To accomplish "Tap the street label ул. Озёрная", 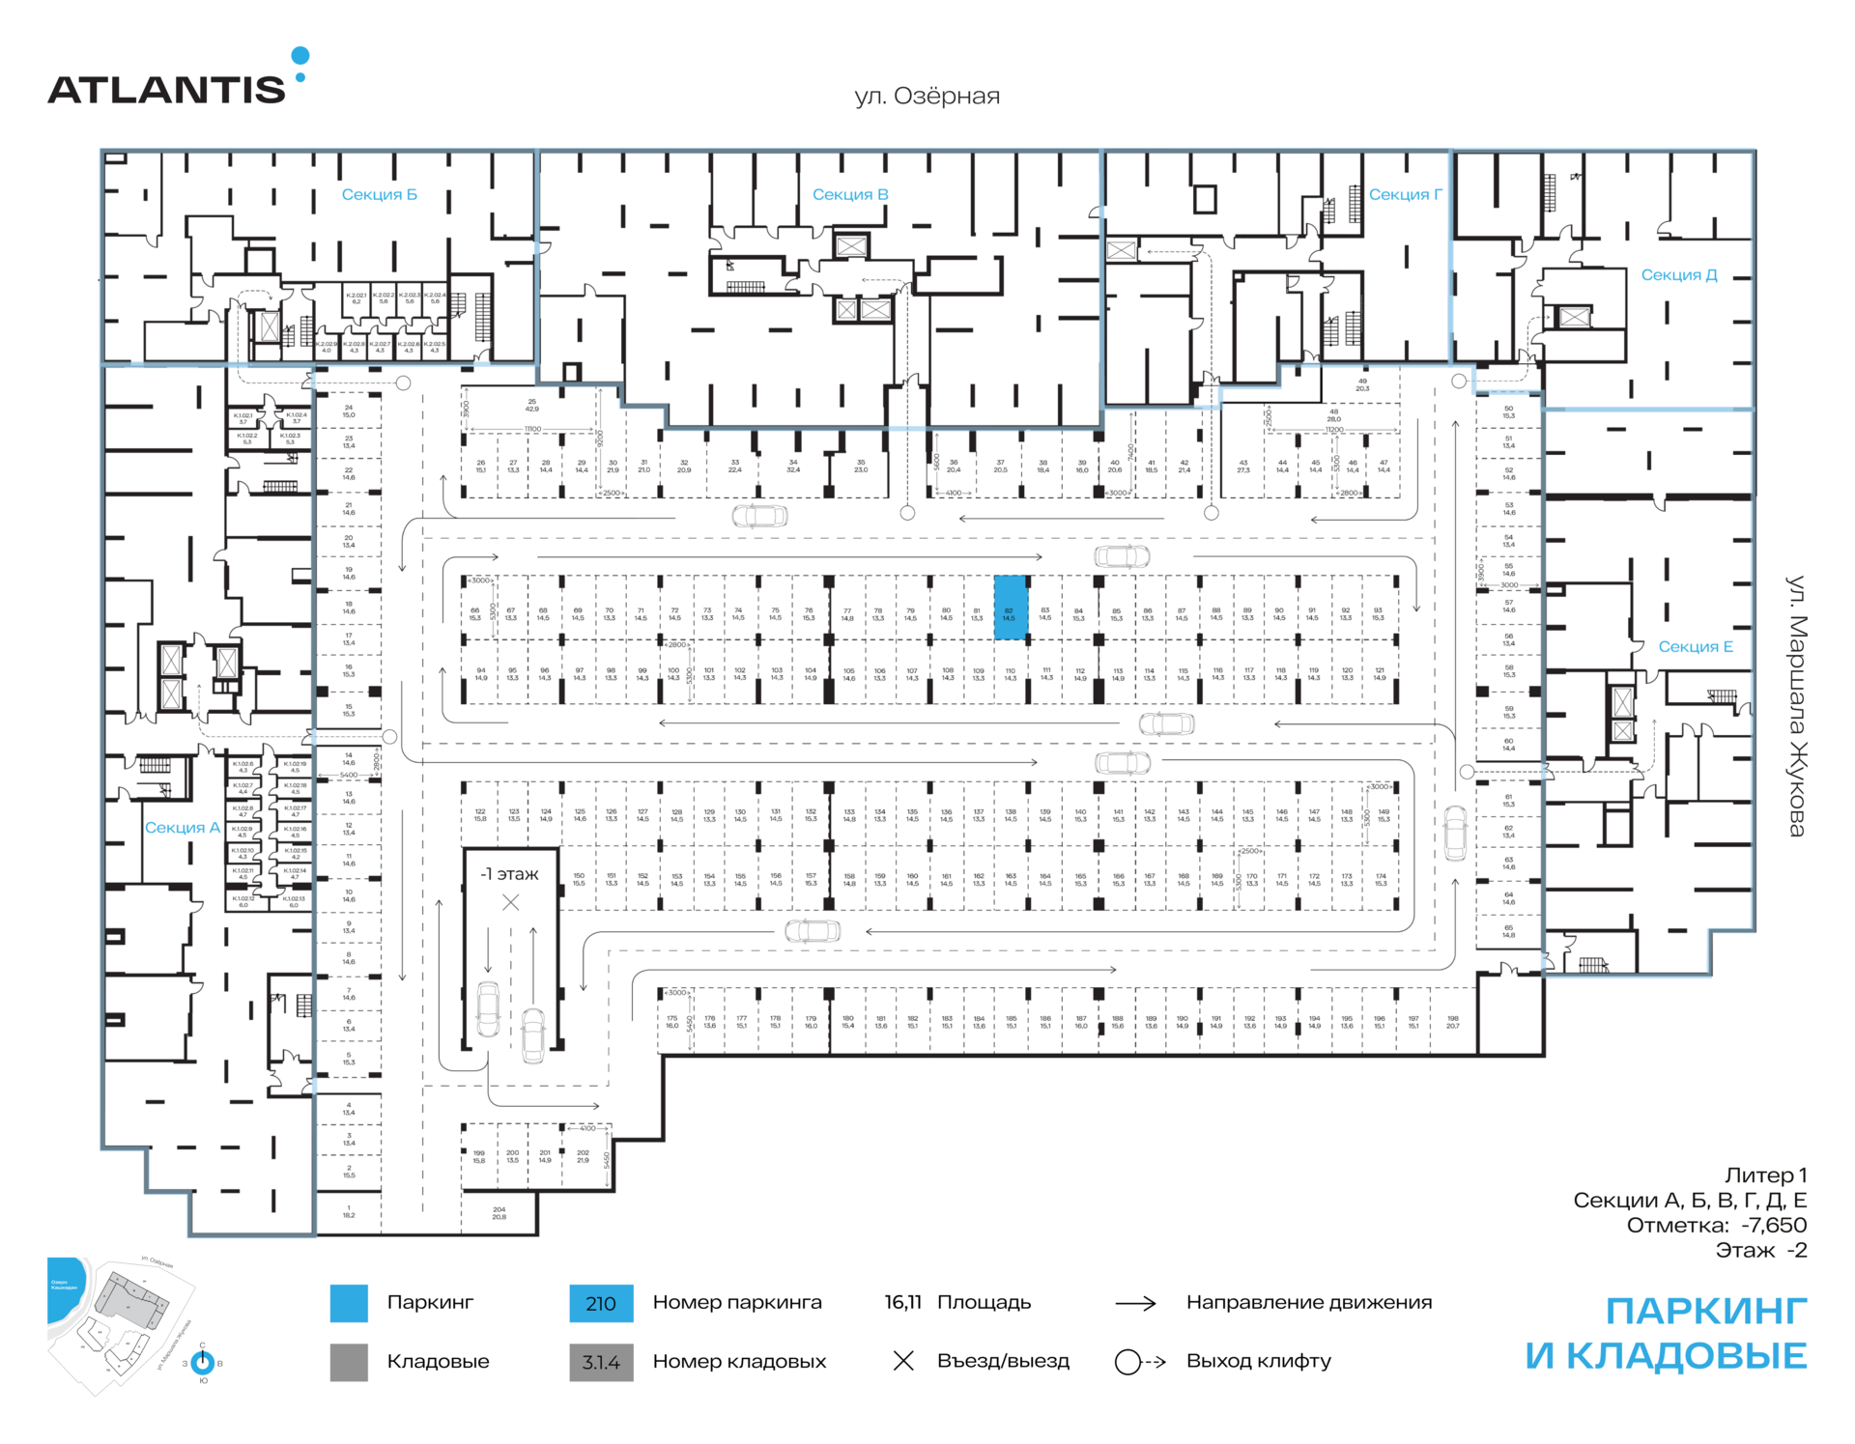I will (x=927, y=97).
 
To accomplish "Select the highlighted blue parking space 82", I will (x=1010, y=608).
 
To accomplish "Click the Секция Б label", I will (x=380, y=195).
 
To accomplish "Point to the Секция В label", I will (x=850, y=195).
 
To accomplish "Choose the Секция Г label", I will (x=1405, y=195).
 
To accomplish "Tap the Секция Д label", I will (x=1679, y=275).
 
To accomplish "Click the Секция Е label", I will (x=1696, y=647).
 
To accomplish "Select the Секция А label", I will (x=183, y=828).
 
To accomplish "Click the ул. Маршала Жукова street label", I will (x=1795, y=706).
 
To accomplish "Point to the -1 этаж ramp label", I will (x=510, y=874).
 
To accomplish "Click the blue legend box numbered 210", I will (x=601, y=1303).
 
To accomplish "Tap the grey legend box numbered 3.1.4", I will (x=601, y=1362).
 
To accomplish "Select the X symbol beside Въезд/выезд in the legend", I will (x=903, y=1361).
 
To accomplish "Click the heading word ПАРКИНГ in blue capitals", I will (x=1705, y=1312).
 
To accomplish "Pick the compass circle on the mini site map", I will (x=203, y=1362).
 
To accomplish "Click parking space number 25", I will (x=531, y=405).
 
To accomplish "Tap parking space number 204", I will (x=499, y=1213).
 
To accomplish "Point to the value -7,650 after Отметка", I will (x=1774, y=1226).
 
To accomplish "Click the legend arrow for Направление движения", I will (x=1136, y=1303).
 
